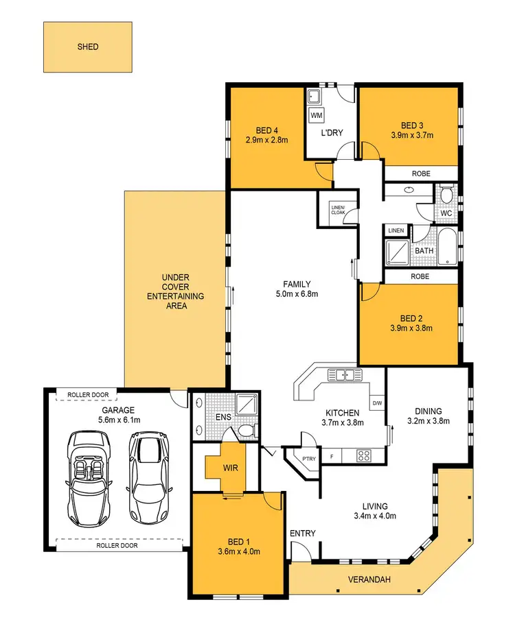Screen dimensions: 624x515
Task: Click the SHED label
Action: [x=88, y=47]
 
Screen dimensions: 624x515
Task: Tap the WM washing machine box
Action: [x=317, y=115]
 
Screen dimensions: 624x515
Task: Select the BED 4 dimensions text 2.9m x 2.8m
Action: [x=266, y=140]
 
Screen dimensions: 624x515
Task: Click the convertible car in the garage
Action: [x=88, y=475]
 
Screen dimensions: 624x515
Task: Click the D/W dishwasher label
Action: [x=376, y=403]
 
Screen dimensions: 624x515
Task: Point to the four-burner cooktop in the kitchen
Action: [x=363, y=455]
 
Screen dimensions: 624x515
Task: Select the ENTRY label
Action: [x=302, y=533]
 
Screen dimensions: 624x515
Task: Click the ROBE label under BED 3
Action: [x=421, y=174]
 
